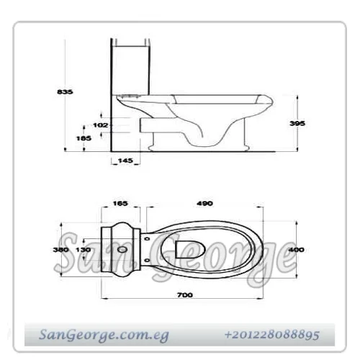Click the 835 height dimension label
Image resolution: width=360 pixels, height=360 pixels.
click(65, 91)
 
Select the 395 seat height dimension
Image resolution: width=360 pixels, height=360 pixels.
click(297, 123)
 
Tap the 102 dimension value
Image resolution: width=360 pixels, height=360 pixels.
click(101, 125)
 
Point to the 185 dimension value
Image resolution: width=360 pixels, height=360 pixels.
click(84, 138)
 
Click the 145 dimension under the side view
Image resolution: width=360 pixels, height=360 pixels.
click(125, 161)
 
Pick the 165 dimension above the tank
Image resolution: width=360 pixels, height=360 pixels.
click(120, 204)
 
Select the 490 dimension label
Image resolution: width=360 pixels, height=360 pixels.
click(204, 204)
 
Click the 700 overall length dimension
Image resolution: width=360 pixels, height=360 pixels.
click(185, 295)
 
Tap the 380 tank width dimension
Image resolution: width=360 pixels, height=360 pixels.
click(60, 250)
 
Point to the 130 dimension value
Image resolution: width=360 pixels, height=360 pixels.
click(84, 250)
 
